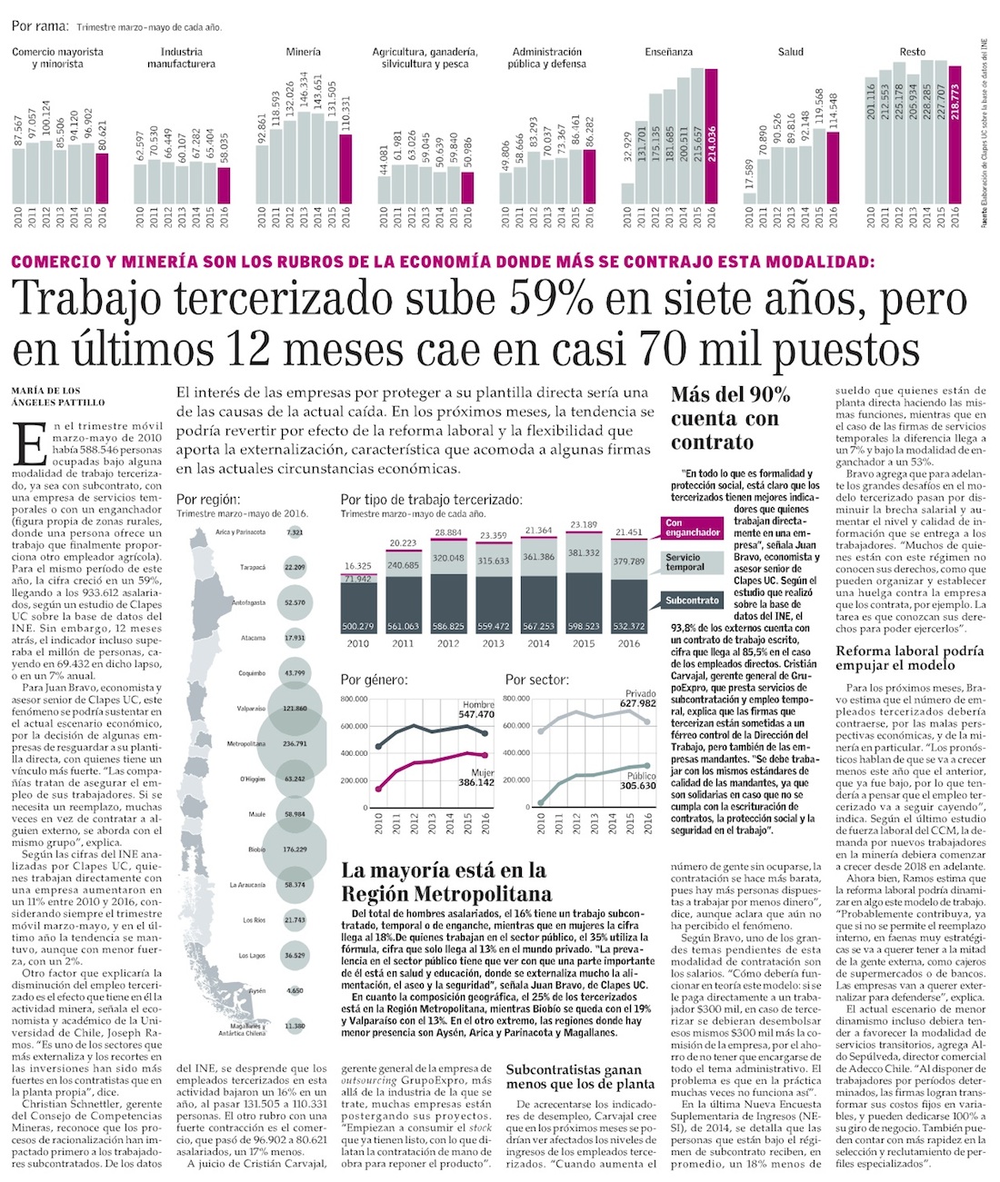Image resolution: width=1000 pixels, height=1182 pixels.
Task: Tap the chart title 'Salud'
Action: pyautogui.click(x=790, y=52)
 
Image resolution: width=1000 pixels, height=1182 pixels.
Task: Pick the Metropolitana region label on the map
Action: pyautogui.click(x=245, y=743)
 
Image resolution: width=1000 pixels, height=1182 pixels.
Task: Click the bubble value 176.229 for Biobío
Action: pyautogui.click(x=295, y=849)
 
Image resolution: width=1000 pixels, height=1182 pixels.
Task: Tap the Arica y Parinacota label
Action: pyautogui.click(x=241, y=531)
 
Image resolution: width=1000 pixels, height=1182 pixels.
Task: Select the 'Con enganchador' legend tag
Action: pyautogui.click(x=693, y=528)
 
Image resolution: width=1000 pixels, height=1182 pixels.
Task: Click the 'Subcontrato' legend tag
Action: pyautogui.click(x=693, y=601)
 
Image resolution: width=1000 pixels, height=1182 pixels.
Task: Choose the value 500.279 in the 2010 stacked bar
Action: pyautogui.click(x=358, y=627)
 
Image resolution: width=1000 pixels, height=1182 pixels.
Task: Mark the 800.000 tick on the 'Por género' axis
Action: pyautogui.click(x=354, y=699)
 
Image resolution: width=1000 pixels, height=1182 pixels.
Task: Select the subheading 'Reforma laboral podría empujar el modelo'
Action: pyautogui.click(x=908, y=658)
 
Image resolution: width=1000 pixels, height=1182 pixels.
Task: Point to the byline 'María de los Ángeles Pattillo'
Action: pyautogui.click(x=57, y=396)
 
